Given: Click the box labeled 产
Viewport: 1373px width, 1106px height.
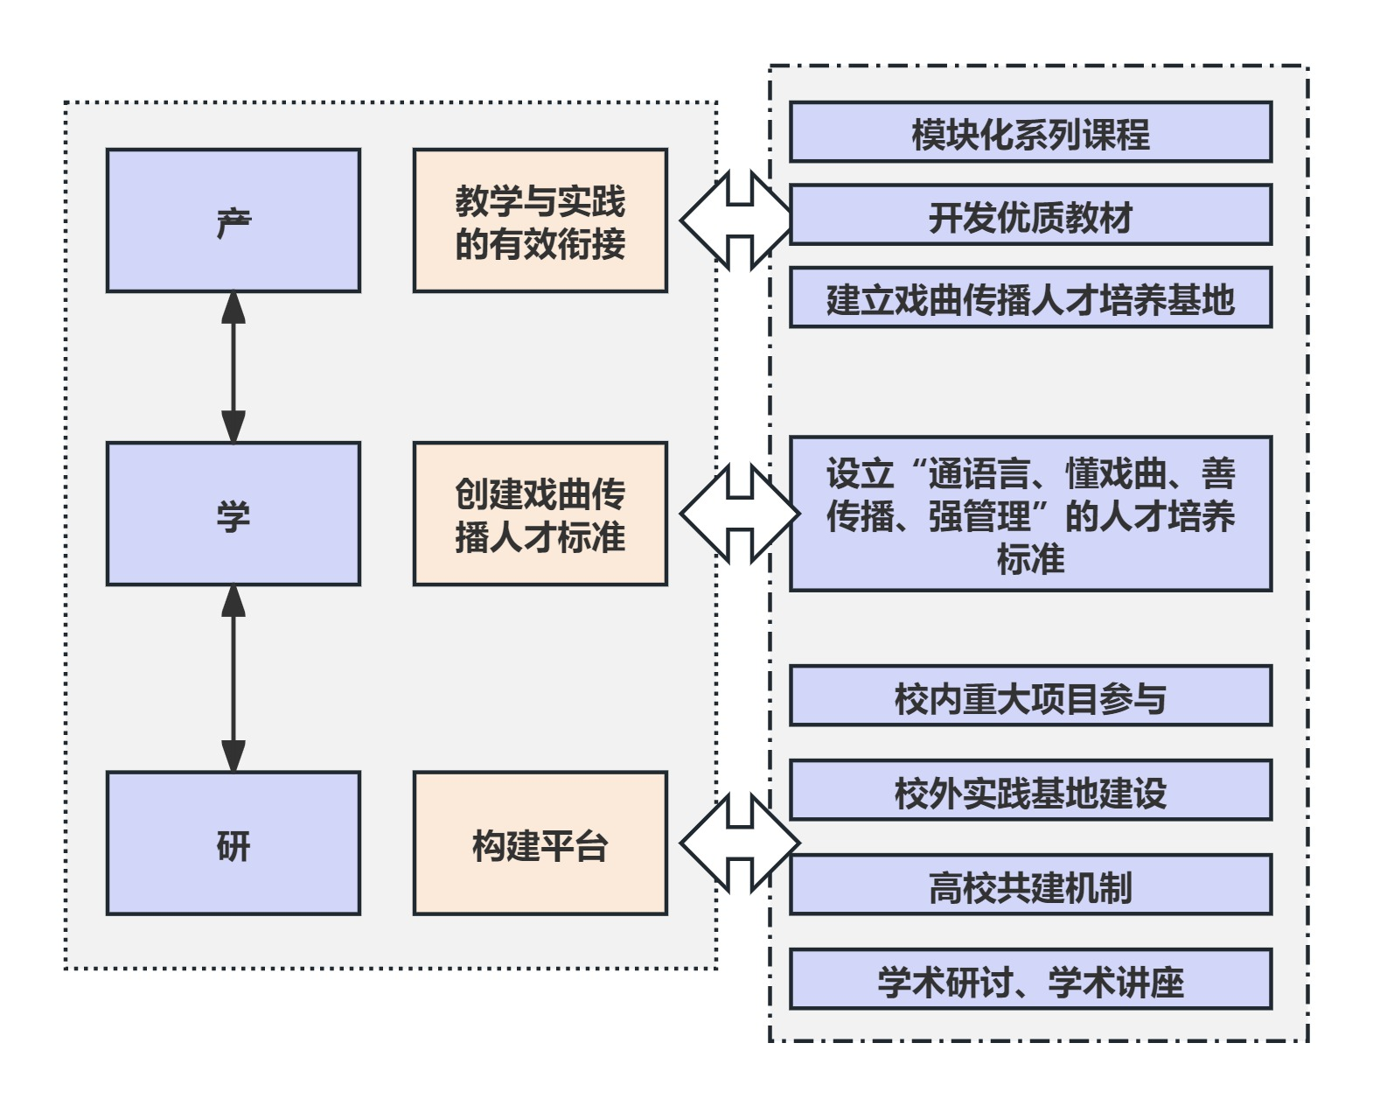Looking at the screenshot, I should (233, 220).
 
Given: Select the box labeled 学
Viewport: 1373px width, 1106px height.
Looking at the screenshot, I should (233, 514).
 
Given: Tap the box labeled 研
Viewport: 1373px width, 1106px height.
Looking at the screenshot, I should (233, 843).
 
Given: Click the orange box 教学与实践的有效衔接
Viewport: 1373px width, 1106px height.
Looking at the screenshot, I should (540, 220).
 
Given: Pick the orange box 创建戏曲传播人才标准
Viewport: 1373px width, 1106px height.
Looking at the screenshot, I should (540, 514).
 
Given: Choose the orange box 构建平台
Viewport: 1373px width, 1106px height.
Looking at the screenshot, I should (540, 843).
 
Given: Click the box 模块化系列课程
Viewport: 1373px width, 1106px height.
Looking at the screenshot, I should (1030, 132).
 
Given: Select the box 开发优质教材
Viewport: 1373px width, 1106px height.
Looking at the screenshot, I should (1030, 215).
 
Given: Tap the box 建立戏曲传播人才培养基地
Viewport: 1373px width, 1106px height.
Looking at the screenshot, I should (1030, 298).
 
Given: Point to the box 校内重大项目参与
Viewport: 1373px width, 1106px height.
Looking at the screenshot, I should (1030, 696).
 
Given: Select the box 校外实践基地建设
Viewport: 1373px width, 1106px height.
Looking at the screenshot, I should (1030, 791).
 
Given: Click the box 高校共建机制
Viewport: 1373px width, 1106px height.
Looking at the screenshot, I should (1030, 885).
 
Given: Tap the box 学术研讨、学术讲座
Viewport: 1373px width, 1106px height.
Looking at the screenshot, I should (1030, 980).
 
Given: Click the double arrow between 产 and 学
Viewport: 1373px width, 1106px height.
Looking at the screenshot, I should (233, 367).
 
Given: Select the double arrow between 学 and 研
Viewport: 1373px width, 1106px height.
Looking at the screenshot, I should (233, 678).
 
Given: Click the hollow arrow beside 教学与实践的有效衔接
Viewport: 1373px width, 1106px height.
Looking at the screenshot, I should (740, 220).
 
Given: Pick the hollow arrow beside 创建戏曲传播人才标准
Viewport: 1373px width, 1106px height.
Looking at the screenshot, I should (740, 514).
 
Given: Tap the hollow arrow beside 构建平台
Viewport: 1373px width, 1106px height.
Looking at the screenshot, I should (740, 843).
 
